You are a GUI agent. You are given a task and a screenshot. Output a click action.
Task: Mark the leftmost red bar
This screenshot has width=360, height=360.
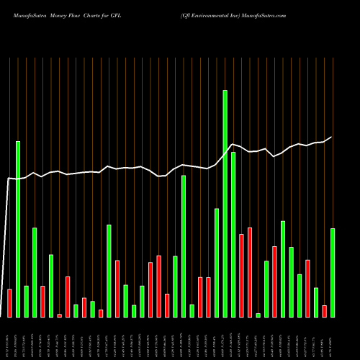click(x=9, y=303)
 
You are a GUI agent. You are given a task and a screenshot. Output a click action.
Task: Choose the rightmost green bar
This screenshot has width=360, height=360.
click(x=333, y=273)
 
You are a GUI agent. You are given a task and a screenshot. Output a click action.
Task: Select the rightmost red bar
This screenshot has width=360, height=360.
click(x=324, y=311)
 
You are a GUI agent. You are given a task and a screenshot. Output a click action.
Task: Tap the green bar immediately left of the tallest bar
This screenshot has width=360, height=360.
click(x=217, y=263)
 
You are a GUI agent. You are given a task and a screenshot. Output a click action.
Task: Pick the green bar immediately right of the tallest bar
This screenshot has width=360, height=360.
click(x=233, y=235)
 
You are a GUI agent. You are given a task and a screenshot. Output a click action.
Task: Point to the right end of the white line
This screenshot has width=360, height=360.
click(x=332, y=137)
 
